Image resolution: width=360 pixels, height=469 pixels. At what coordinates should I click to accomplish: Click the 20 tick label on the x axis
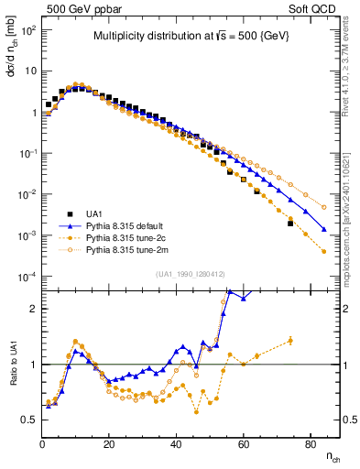pos(109,443)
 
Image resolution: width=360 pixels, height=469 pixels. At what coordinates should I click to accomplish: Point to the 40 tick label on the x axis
pos(176,443)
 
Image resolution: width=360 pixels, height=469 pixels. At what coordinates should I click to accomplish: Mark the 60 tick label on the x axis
pos(243,443)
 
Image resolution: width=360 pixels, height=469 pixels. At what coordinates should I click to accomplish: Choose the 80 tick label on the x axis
pos(310,443)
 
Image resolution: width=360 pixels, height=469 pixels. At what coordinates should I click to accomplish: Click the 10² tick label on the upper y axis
pos(28,29)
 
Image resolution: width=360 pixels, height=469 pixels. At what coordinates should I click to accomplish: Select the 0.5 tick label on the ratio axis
pos(29,420)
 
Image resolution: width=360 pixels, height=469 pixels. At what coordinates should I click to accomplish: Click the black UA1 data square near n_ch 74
pos(290,223)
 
